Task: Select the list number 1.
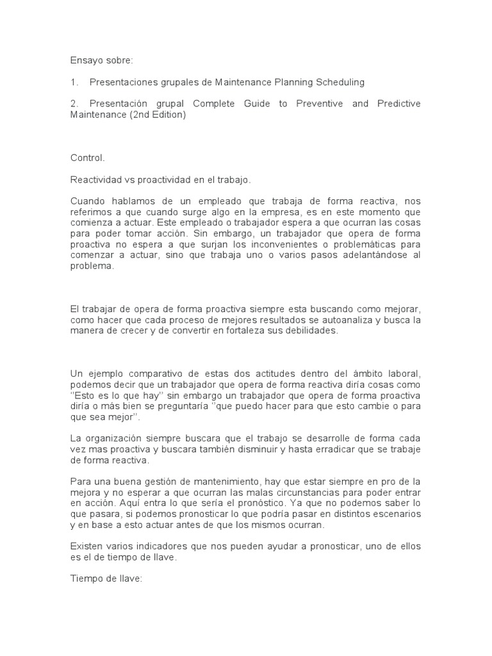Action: tap(74, 82)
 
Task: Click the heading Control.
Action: tap(86, 157)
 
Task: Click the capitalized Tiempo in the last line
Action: tap(86, 578)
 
